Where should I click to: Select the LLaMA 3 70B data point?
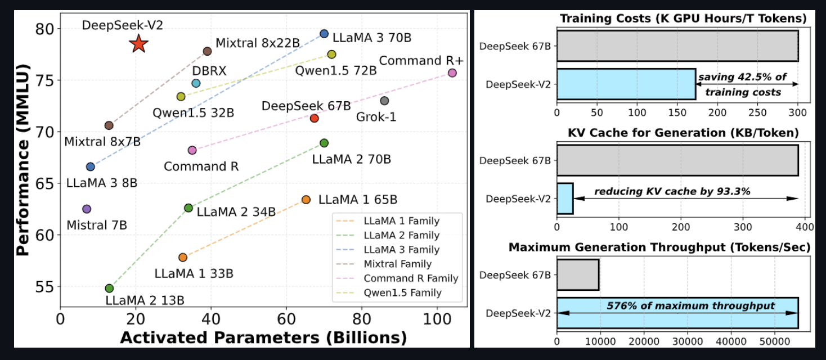tap(324, 34)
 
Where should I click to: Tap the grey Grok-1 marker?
tap(384, 101)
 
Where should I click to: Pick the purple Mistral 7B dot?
tap(87, 209)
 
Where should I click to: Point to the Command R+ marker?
tap(452, 73)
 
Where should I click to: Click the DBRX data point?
tap(196, 83)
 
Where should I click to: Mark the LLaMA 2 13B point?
tap(109, 288)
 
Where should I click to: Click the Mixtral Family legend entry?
tap(397, 264)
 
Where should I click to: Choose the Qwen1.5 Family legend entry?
tap(402, 292)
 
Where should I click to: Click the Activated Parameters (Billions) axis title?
tap(263, 337)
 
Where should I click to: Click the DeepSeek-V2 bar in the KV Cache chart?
tap(565, 199)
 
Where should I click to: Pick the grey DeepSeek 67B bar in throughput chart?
tap(578, 274)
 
